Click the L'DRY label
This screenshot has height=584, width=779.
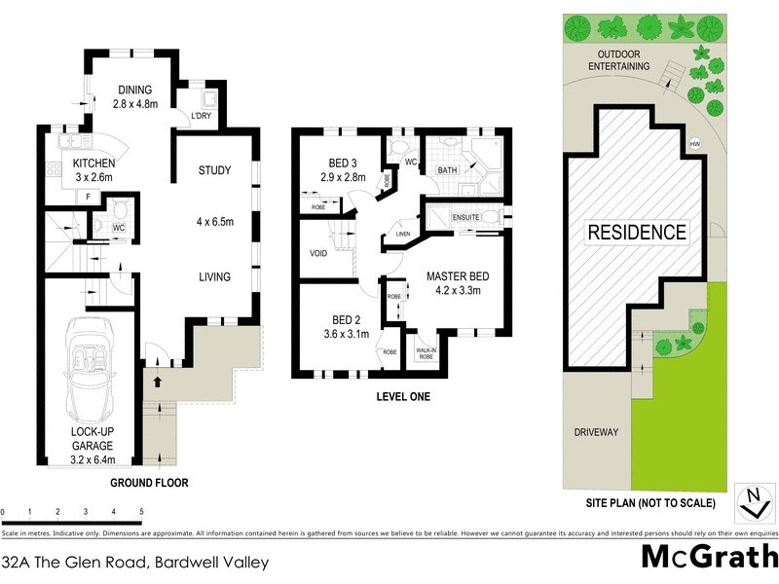202,116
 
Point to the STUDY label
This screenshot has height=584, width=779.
214,171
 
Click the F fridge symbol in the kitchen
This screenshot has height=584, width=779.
88,197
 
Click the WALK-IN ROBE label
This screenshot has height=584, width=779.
426,353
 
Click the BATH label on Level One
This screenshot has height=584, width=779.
447,170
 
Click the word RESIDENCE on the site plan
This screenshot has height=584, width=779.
636,233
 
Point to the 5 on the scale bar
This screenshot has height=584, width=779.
141,511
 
